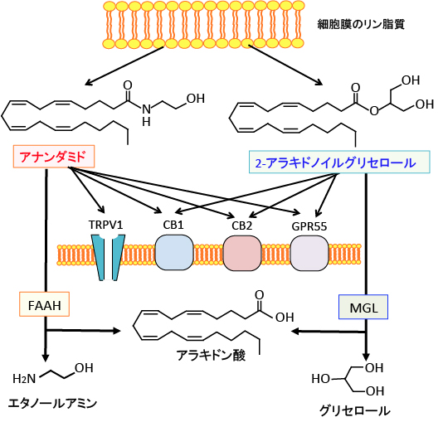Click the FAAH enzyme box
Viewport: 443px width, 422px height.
click(x=44, y=304)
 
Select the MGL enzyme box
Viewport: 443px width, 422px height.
click(x=363, y=307)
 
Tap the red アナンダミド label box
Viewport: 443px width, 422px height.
click(x=54, y=157)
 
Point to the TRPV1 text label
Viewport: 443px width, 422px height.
click(x=106, y=225)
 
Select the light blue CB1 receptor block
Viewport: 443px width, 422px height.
click(x=174, y=253)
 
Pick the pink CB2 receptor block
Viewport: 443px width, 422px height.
click(x=242, y=253)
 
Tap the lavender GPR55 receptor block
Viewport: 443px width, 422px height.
click(x=309, y=253)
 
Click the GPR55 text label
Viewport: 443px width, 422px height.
click(x=309, y=226)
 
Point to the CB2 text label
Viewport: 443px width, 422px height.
click(x=242, y=226)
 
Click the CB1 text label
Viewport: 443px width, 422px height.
click(x=173, y=225)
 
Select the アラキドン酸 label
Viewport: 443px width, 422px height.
click(x=211, y=355)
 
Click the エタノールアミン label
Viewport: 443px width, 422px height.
click(x=52, y=404)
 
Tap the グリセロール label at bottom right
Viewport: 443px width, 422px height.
click(x=355, y=410)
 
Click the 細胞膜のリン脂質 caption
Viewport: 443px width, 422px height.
click(x=361, y=24)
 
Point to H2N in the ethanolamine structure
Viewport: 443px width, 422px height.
click(x=24, y=379)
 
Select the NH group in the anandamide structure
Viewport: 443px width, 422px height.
click(x=146, y=115)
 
